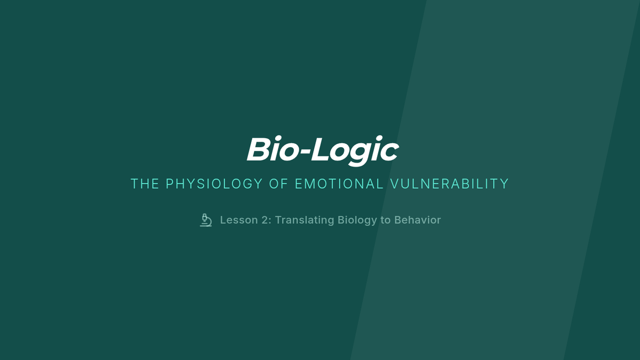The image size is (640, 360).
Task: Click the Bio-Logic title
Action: [x=323, y=150]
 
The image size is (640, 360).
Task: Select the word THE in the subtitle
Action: [x=145, y=183]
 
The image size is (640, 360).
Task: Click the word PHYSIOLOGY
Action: [x=214, y=183]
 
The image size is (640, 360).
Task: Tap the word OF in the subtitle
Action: [x=278, y=183]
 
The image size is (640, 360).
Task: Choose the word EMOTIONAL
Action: [x=339, y=183]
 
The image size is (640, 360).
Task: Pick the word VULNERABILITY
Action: [x=450, y=183]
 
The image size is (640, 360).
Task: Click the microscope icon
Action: [x=206, y=220]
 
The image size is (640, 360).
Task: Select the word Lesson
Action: [x=239, y=220]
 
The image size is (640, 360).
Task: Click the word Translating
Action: [x=305, y=220]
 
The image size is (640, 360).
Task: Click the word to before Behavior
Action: [x=386, y=220]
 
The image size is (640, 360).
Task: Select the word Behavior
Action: [x=418, y=220]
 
